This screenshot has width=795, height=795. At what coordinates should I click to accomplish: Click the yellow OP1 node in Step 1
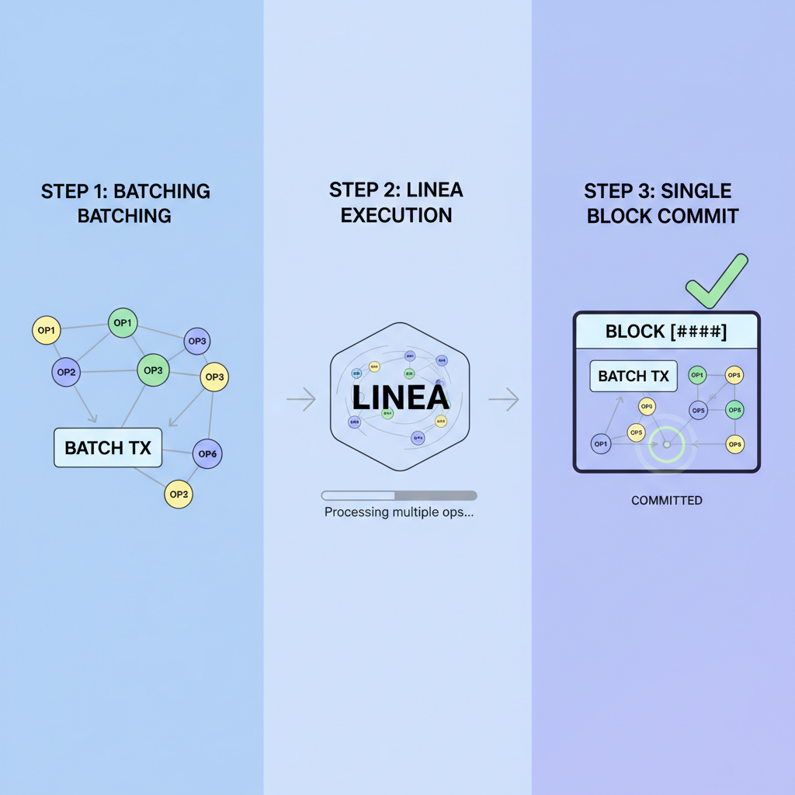47,331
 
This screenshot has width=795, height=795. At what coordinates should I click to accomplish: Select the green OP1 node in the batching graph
123,323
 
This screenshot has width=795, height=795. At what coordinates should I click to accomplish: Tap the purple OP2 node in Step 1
66,373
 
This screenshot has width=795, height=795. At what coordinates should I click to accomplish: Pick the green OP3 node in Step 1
153,370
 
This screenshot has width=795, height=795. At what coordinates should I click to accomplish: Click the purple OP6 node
207,454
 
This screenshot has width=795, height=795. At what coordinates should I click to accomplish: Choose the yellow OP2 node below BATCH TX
179,494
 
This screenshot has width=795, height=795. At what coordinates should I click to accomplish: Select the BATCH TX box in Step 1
108,448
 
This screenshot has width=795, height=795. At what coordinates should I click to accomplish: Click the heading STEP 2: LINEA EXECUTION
397,202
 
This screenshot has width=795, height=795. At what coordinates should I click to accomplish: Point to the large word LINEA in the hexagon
400,397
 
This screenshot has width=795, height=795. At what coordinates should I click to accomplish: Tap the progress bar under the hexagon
399,495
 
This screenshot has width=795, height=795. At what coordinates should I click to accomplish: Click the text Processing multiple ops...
399,512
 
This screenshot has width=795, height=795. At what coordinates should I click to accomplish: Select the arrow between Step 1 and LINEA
301,400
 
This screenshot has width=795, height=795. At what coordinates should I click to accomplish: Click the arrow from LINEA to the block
503,400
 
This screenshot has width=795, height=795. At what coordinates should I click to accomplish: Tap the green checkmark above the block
717,281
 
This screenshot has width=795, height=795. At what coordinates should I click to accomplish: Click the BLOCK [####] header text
666,332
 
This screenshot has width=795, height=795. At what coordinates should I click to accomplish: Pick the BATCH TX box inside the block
634,377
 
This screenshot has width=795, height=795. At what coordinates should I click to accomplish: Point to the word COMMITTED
666,501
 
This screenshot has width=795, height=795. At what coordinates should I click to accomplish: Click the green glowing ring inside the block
665,445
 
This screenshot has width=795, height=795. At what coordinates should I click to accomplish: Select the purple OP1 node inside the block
600,444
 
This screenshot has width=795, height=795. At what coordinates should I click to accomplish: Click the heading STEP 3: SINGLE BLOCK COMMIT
661,203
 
